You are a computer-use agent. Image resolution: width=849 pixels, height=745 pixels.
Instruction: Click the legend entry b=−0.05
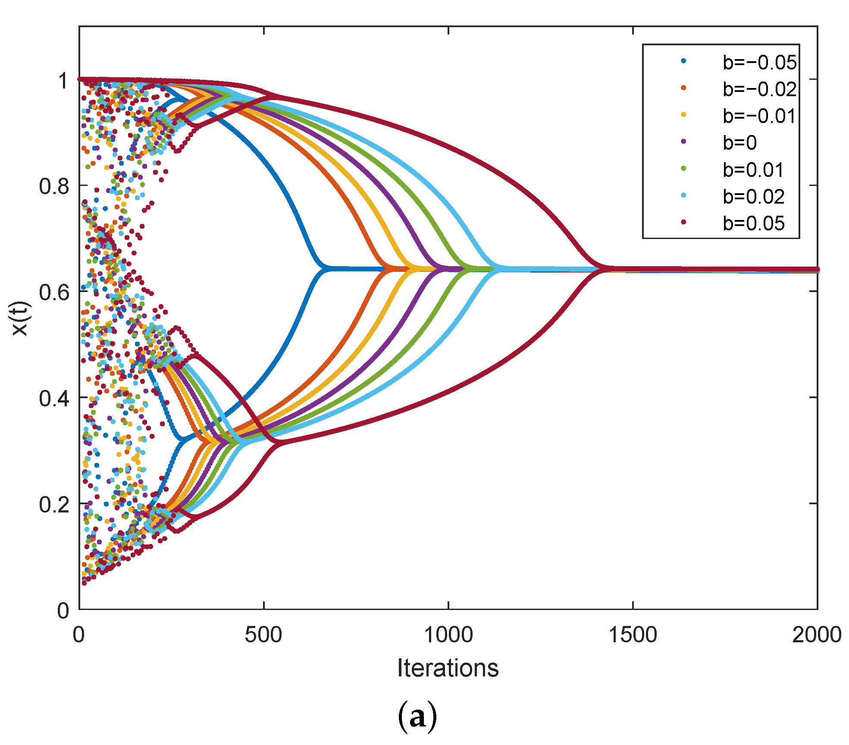click(x=759, y=63)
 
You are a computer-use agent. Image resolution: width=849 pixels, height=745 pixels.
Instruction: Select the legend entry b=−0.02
click(x=759, y=89)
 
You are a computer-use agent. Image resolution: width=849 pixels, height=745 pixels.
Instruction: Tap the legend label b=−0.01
click(x=759, y=116)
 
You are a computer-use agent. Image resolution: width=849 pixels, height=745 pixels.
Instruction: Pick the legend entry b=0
click(x=739, y=143)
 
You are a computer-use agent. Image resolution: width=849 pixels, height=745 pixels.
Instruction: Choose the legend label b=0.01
click(x=753, y=170)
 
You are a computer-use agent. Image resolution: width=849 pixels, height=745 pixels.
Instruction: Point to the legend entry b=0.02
click(x=753, y=197)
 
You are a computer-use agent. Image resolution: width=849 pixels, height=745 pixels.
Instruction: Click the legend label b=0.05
click(x=753, y=223)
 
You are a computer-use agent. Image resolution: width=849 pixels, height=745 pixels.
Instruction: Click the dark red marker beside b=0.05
click(x=683, y=222)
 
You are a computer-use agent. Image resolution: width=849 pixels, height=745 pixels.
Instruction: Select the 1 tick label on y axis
click(x=63, y=81)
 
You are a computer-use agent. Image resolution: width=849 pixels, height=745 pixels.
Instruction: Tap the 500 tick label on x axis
click(x=263, y=635)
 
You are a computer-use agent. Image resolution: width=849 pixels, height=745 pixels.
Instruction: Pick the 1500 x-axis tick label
click(x=633, y=635)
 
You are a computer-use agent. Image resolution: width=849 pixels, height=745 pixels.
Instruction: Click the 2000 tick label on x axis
click(x=817, y=635)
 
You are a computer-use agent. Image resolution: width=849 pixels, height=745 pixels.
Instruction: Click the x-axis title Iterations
click(x=448, y=668)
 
